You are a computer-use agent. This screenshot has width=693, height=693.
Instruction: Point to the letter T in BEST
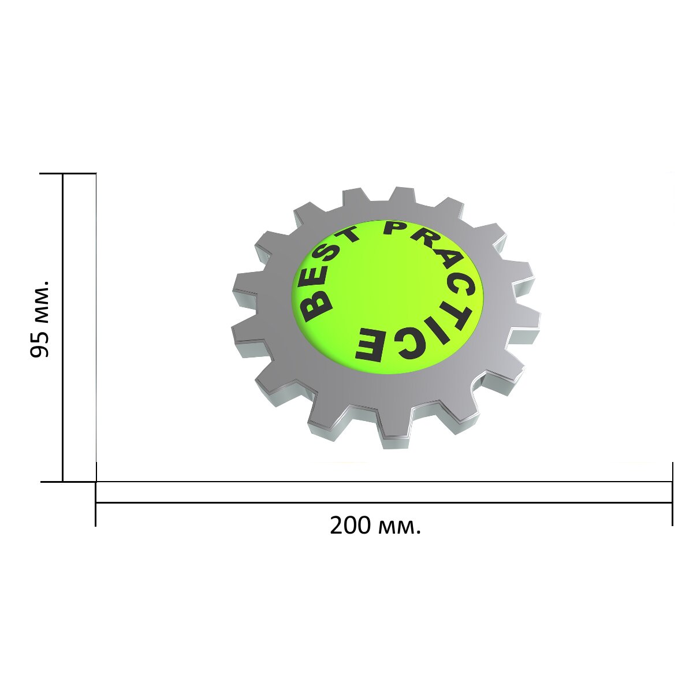[x=348, y=236]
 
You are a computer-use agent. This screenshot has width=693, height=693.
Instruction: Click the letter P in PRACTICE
[x=394, y=228]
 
